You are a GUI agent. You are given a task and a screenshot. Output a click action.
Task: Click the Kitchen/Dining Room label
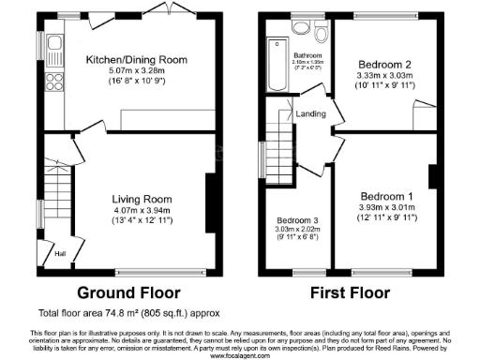[137, 59]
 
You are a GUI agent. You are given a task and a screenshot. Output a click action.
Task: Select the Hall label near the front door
[59, 254]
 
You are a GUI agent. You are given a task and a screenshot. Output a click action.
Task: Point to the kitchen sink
[54, 45]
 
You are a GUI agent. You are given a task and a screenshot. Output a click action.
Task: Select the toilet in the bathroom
[322, 36]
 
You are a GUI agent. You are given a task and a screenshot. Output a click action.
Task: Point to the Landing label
[312, 115]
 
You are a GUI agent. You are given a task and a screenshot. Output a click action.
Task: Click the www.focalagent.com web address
[240, 355]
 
